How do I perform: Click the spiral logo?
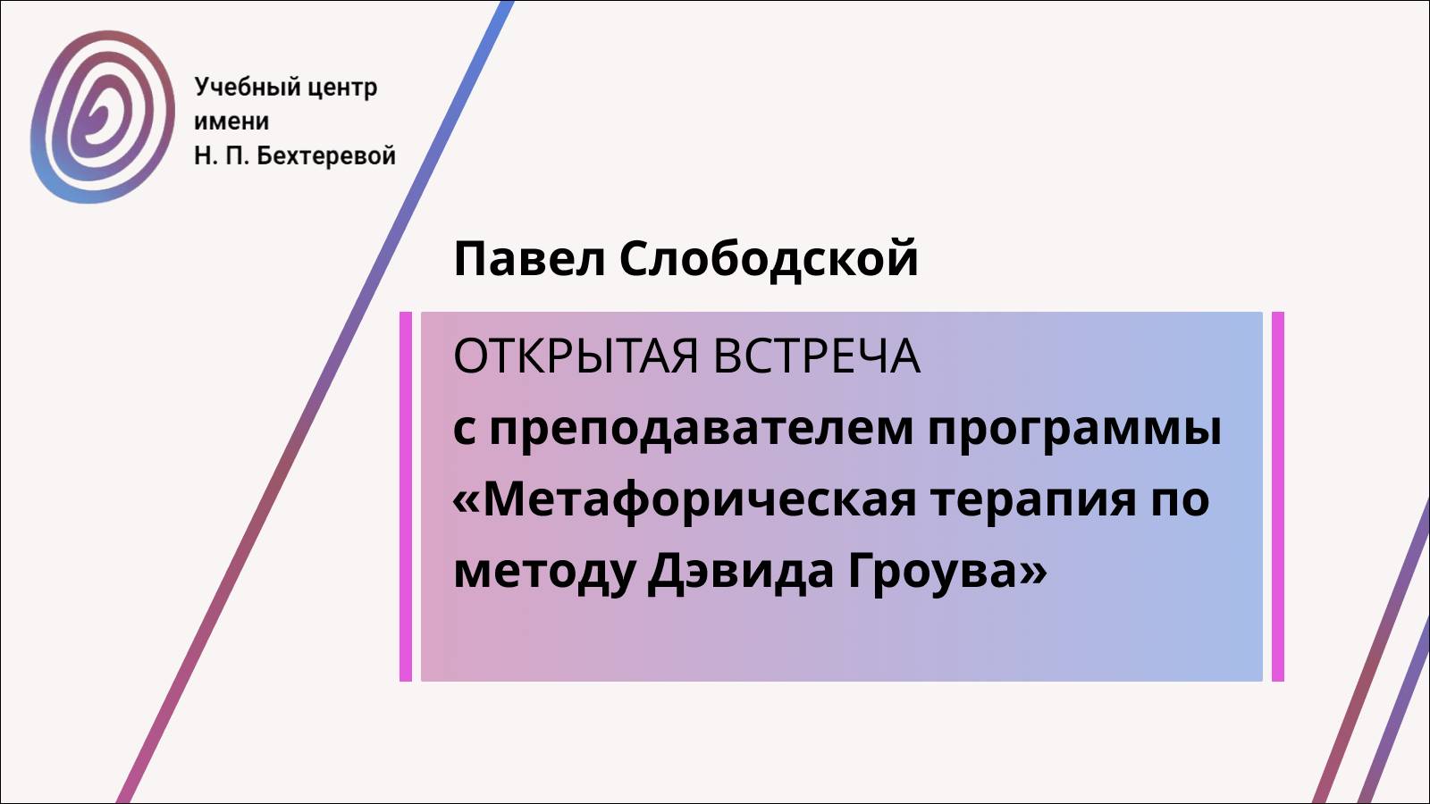click(x=102, y=116)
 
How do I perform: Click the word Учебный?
click(x=235, y=88)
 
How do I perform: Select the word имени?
click(x=231, y=121)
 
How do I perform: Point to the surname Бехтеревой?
click(x=326, y=155)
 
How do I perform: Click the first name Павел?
click(x=529, y=259)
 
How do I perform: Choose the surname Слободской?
click(x=769, y=259)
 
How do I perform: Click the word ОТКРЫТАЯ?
click(x=576, y=356)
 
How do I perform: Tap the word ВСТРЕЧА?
click(x=817, y=356)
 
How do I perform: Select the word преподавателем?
click(x=701, y=429)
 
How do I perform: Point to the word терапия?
click(x=1033, y=500)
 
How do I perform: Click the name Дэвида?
click(x=742, y=571)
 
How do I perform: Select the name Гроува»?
click(x=946, y=571)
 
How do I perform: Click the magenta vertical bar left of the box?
click(x=406, y=496)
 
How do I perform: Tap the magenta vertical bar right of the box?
click(x=1277, y=496)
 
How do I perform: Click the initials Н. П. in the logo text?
click(x=221, y=155)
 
